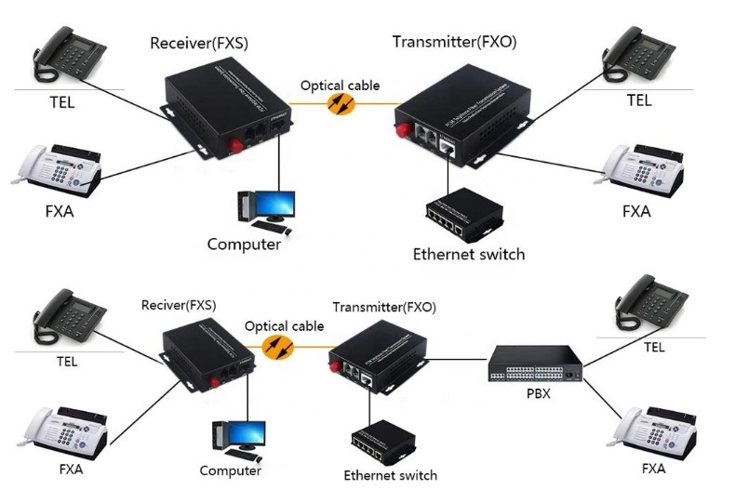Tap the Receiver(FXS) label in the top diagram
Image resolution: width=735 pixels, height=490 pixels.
199,43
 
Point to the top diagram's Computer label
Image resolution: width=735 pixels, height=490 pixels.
244,245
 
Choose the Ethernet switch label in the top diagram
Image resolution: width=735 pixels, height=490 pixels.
469,254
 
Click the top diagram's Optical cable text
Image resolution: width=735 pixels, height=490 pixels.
340,86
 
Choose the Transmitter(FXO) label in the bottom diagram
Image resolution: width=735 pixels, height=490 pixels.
384,307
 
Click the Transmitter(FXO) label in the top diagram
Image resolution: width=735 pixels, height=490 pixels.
454,42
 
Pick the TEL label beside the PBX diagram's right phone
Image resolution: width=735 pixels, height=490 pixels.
654,348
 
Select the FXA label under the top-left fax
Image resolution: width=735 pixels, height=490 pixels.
59,211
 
